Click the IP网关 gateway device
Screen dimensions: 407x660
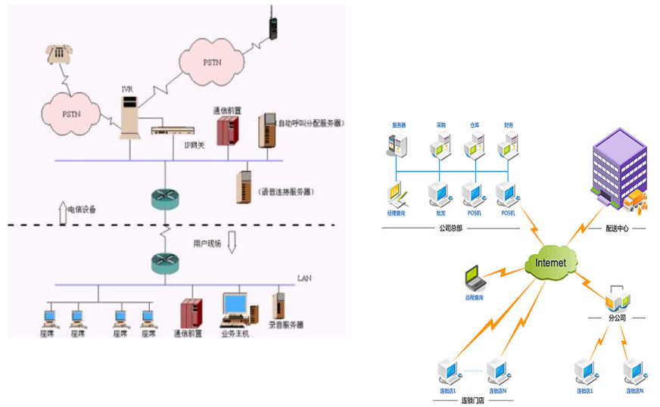point(172,131)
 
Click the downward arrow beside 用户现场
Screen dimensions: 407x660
point(232,243)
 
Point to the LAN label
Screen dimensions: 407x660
point(304,278)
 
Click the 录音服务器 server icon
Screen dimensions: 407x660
point(279,306)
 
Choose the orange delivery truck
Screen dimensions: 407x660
point(637,201)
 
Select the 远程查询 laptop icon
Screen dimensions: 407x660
point(475,278)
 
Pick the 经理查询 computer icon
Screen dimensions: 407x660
point(398,195)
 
